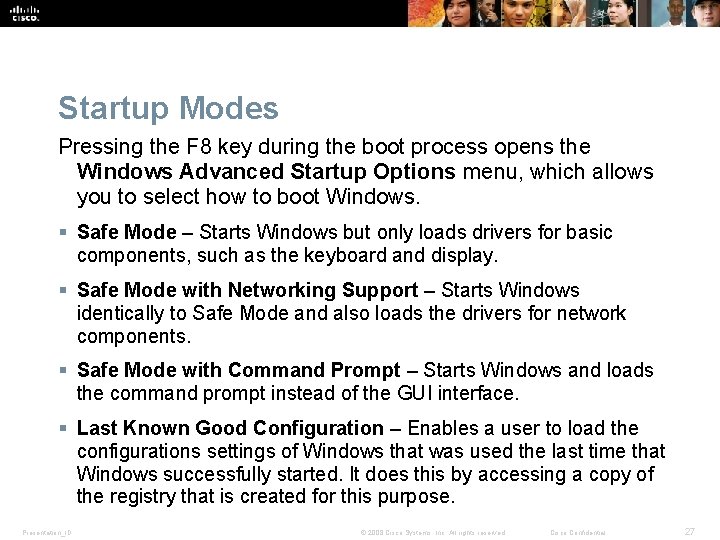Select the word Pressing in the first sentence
click(95, 148)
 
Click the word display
click(464, 256)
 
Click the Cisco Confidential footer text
click(585, 533)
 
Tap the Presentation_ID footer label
click(45, 533)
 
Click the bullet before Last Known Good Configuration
click(64, 429)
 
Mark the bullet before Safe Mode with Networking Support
click(64, 291)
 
